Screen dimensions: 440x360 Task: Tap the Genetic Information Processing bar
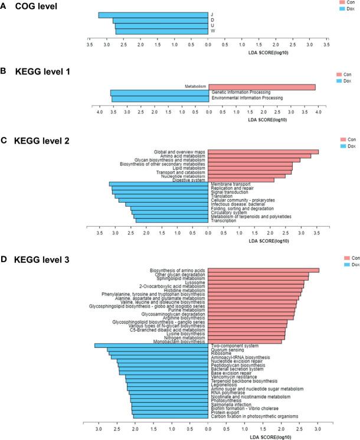click(159, 93)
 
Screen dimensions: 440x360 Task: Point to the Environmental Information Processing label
click(247, 98)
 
